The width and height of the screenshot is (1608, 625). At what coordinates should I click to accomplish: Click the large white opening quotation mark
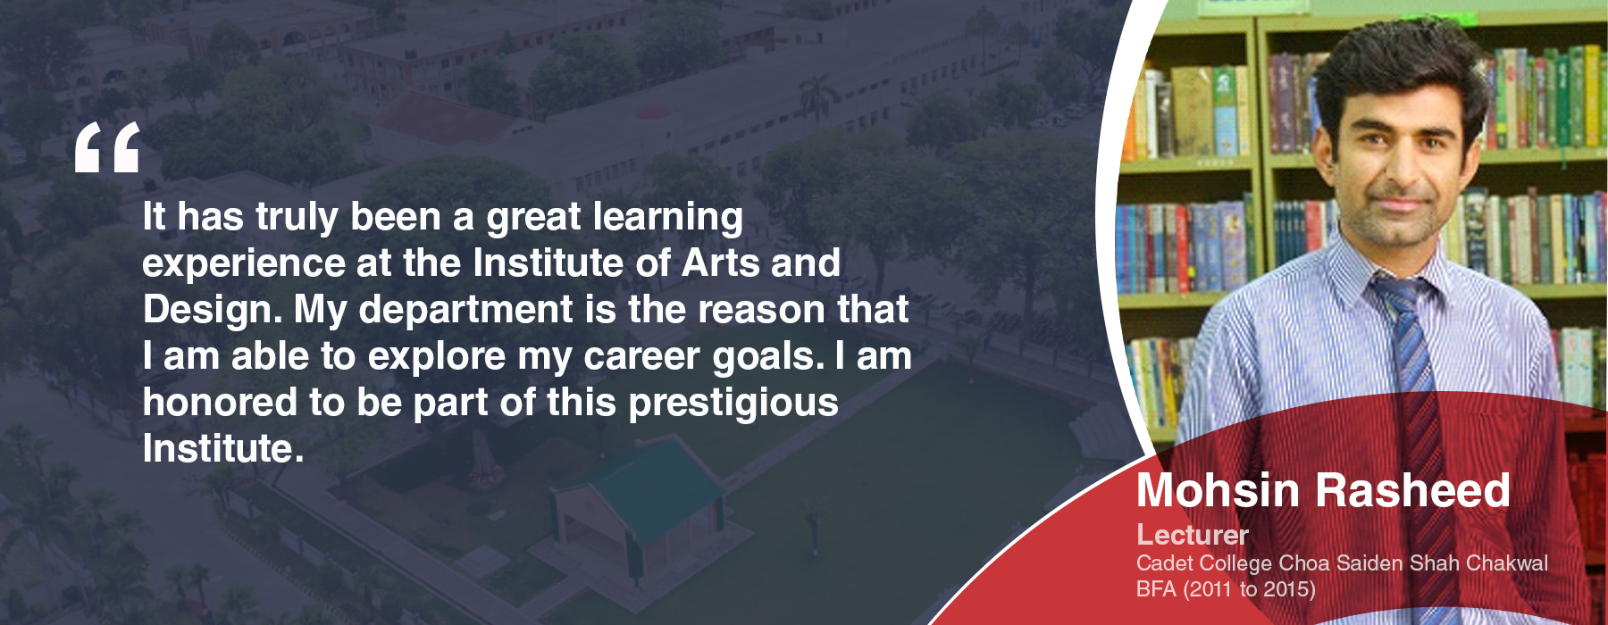107,146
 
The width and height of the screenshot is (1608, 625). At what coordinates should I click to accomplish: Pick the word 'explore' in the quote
437,357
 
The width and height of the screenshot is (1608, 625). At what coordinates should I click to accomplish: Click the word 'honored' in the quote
220,402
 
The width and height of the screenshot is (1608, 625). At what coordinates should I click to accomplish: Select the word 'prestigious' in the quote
733,404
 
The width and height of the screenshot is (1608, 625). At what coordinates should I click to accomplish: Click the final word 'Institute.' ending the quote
223,448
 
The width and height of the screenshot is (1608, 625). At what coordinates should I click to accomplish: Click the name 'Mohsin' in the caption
1218,490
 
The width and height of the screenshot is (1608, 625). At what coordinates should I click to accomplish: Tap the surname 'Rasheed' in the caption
1413,490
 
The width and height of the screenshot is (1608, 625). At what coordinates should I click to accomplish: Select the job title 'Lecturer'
1192,535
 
